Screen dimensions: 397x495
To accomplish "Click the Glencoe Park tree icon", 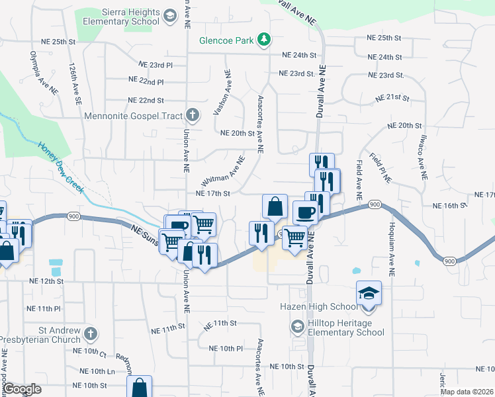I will point(264,40).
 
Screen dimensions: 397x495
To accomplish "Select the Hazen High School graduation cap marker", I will point(369,292).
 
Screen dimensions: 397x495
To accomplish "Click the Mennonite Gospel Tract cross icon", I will point(192,116).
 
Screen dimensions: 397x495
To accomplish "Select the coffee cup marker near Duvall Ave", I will point(304,212).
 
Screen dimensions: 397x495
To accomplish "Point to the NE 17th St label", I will point(212,194).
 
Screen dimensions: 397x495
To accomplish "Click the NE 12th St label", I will point(46,281).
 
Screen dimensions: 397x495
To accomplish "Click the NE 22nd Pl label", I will point(146,82).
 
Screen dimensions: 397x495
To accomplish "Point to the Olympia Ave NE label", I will point(39,69).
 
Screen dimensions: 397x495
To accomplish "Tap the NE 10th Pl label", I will point(226,349).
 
